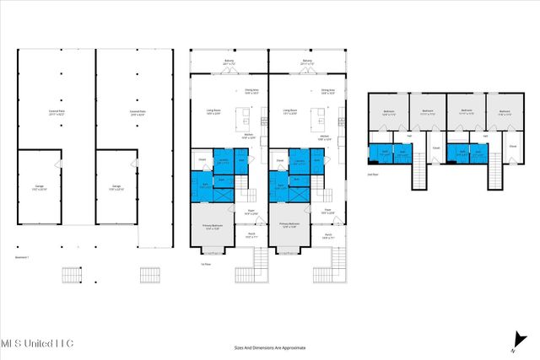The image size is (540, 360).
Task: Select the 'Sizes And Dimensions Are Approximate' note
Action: (x=269, y=347)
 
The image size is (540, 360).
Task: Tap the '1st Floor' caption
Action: (x=205, y=262)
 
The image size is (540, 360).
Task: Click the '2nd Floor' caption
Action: (x=372, y=175)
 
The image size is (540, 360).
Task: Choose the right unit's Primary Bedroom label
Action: (x=292, y=225)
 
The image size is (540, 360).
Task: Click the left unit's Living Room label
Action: (x=213, y=110)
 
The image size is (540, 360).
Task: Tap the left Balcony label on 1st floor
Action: (x=228, y=62)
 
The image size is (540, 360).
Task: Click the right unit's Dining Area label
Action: (x=328, y=90)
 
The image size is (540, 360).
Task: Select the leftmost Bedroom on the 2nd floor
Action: (x=389, y=112)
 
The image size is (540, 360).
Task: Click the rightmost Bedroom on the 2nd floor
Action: (x=505, y=112)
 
